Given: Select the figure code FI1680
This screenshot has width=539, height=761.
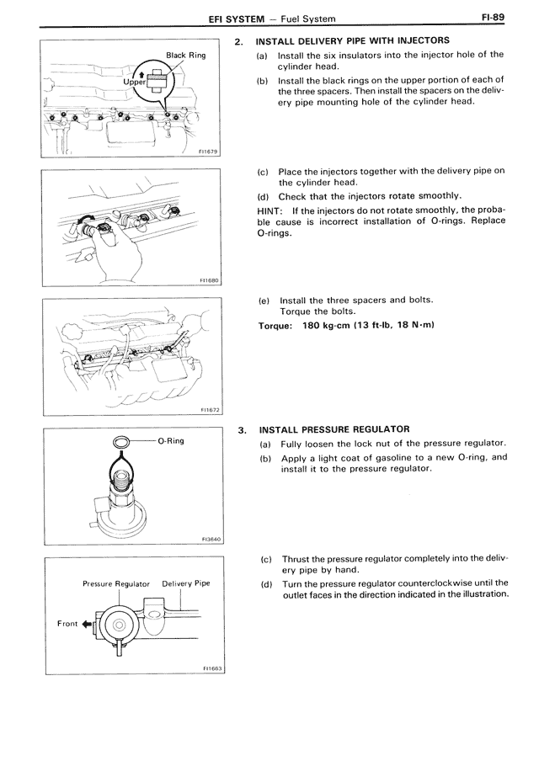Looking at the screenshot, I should (x=208, y=281).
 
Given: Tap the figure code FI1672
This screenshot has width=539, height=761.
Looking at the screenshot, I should (x=208, y=410).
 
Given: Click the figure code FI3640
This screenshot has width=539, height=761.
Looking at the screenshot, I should (x=208, y=540).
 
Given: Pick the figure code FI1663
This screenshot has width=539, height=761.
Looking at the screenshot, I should (x=208, y=668).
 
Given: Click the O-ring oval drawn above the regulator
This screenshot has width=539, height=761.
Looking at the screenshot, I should (x=121, y=440).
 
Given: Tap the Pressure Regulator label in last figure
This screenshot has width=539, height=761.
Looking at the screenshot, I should (x=116, y=583).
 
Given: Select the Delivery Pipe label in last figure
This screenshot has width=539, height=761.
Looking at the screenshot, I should (x=186, y=583).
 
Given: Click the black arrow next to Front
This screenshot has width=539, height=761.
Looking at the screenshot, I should (x=86, y=624).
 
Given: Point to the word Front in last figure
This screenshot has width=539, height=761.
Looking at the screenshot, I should (x=67, y=624).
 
